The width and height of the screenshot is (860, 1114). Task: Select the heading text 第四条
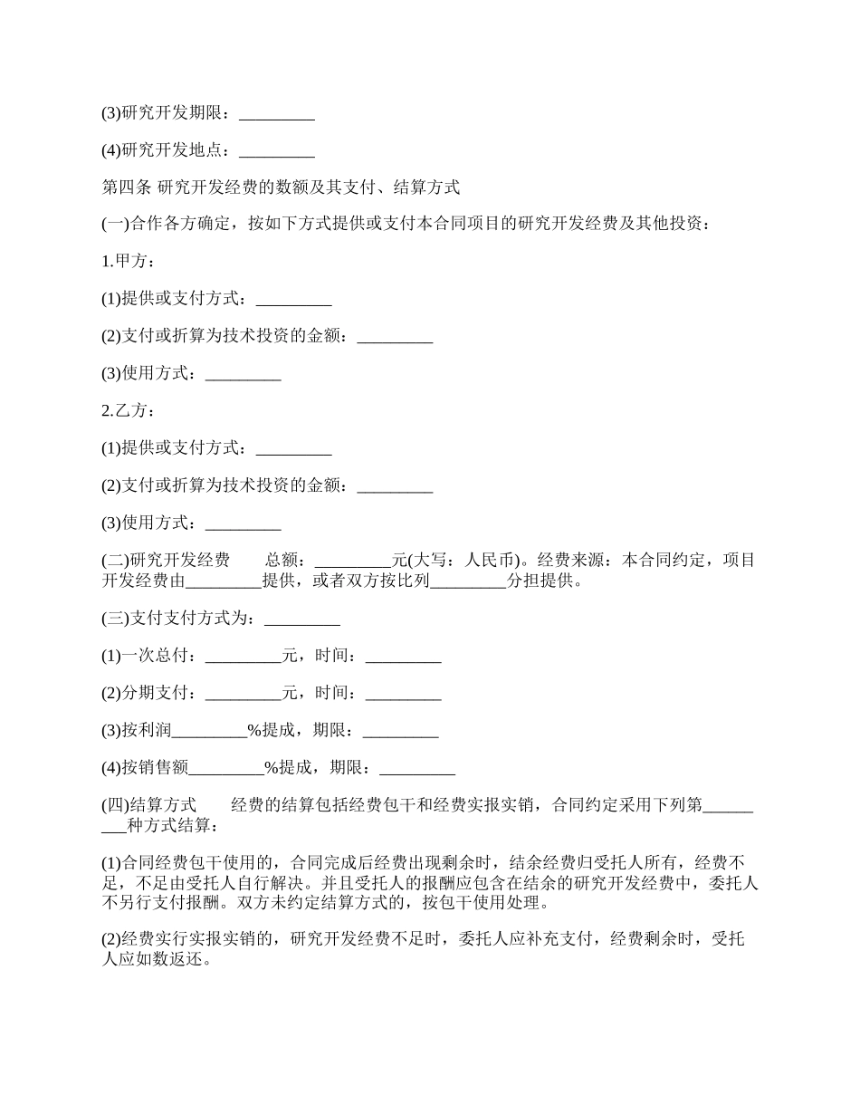pos(126,187)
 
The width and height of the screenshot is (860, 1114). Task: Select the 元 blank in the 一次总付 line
pos(244,657)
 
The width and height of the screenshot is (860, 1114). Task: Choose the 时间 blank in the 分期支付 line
pos(403,694)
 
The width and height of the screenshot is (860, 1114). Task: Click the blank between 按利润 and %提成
pos(209,731)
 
